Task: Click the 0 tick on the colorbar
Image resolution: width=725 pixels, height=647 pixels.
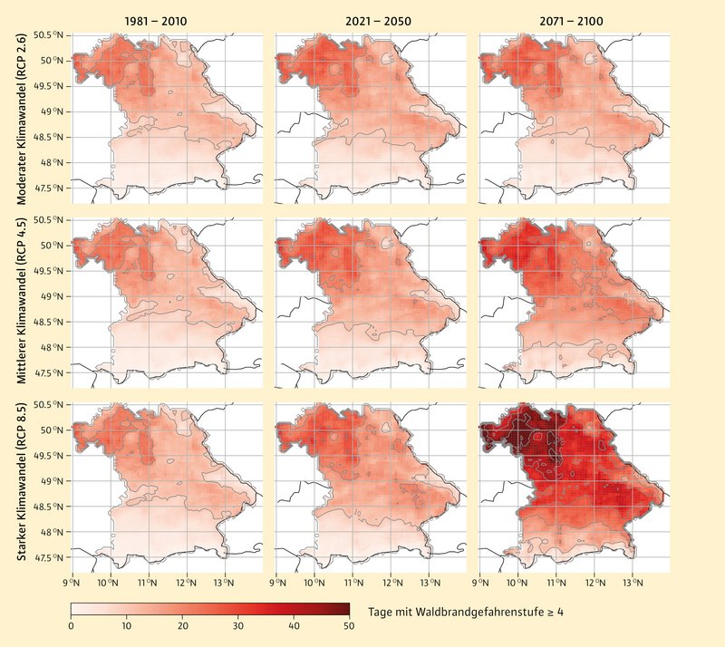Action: click(x=72, y=626)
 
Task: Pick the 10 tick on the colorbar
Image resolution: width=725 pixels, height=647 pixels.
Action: click(x=127, y=626)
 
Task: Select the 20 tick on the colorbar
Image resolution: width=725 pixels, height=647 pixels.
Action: click(x=183, y=626)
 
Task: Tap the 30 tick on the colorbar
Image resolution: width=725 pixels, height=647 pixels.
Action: click(x=238, y=626)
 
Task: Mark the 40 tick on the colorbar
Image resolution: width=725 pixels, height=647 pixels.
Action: click(x=294, y=626)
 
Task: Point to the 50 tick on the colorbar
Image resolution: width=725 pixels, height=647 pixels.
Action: click(x=349, y=626)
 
